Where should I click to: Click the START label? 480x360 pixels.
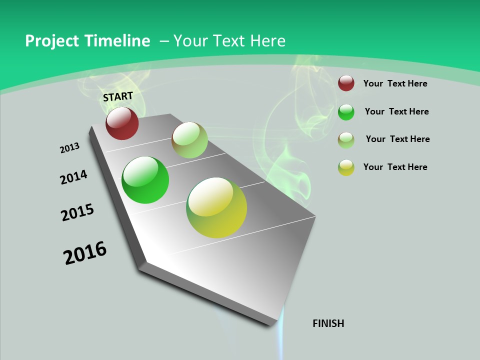point(118,96)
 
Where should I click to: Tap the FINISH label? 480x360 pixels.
point(328,323)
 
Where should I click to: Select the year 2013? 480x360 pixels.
point(69,148)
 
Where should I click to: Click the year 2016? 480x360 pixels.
point(85,253)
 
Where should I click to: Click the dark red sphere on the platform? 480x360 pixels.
point(122,123)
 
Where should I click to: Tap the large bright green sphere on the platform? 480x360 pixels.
point(145,180)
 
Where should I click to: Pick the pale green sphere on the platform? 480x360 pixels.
point(189,140)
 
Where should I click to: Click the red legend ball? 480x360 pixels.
point(346,83)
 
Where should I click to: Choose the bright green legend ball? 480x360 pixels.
point(346,112)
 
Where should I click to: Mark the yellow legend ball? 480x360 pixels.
point(346,167)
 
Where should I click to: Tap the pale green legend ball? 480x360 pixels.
point(346,139)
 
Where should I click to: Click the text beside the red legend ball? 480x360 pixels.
point(395,83)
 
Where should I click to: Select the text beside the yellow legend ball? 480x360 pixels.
point(395,167)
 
